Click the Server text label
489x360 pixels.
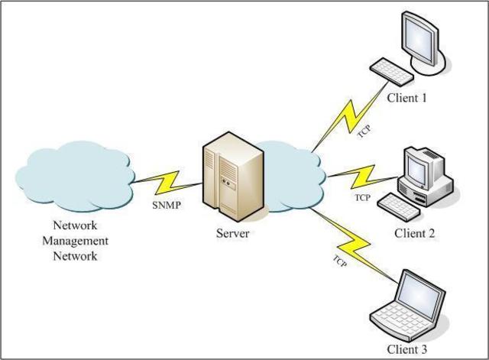(232, 233)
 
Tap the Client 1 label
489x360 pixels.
(407, 98)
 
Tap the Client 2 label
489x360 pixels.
(415, 233)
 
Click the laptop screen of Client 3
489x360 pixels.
(422, 294)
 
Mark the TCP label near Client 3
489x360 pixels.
(340, 261)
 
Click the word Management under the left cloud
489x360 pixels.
(74, 241)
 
